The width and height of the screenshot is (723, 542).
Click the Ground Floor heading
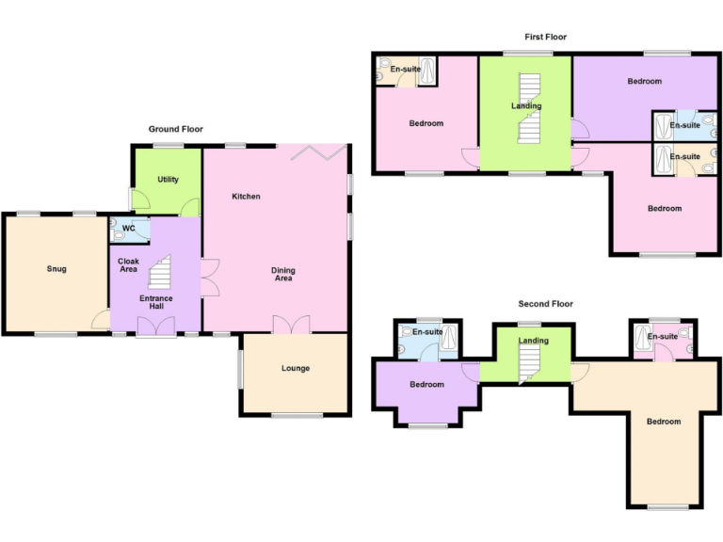[175, 129]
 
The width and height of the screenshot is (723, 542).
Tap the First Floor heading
[546, 37]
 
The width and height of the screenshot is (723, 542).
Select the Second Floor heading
[545, 304]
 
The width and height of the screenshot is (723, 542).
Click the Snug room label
[56, 269]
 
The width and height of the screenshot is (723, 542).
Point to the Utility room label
[169, 179]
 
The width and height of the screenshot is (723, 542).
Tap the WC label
[129, 227]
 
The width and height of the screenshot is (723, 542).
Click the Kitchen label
[247, 196]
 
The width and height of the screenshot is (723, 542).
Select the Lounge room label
[295, 368]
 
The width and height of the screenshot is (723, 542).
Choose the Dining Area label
[283, 275]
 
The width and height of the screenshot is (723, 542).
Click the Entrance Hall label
[156, 302]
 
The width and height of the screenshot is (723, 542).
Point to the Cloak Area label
[128, 265]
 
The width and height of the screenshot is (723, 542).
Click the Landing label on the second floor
[533, 341]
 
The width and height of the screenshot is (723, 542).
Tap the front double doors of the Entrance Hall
[156, 326]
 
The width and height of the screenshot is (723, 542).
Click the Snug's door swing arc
[100, 322]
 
